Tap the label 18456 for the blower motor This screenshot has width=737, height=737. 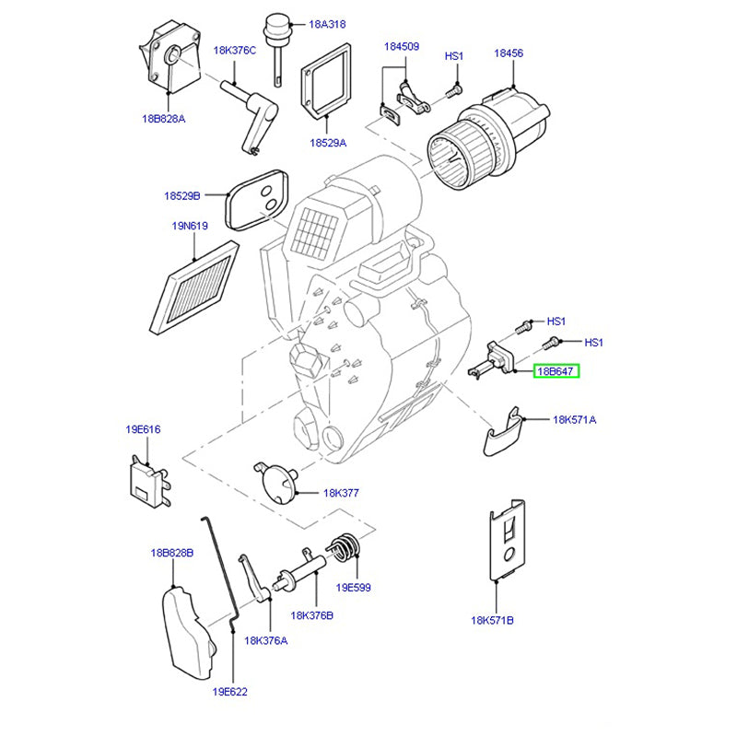coord(508,54)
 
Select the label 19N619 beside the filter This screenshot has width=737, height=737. coord(189,226)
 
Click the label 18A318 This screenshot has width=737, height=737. coord(327,24)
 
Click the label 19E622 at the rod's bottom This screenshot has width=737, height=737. coord(229,691)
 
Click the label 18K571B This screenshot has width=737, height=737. coord(493,621)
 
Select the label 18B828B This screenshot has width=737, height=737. coord(171,553)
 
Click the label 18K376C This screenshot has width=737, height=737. coord(234,51)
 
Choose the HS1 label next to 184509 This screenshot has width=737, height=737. coord(454,56)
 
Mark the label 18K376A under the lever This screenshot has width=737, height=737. coord(265,640)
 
